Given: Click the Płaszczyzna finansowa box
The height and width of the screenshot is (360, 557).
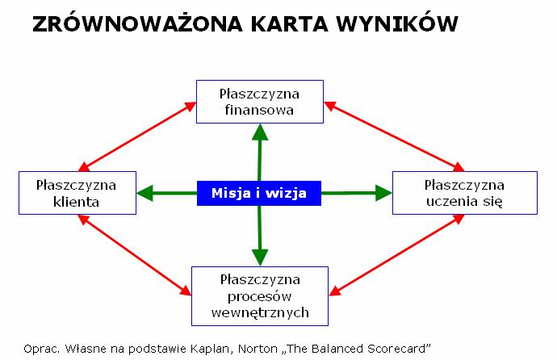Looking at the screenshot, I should pos(260,101).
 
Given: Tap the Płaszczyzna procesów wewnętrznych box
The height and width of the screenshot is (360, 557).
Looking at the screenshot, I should pos(260,295).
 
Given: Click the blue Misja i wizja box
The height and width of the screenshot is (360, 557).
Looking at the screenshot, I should pos(260,193).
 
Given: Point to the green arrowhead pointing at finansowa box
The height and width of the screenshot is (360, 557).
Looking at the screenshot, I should pos(260,132).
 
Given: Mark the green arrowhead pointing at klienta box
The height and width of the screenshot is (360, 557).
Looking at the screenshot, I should pos(146,193).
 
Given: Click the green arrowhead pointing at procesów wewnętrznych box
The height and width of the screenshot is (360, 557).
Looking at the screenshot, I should pos(260,257).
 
